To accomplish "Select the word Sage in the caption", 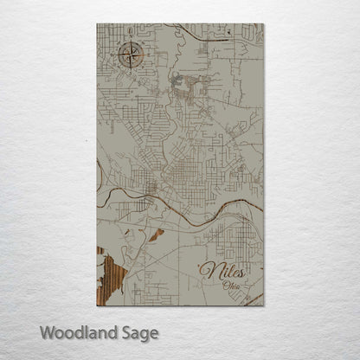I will tap(139, 332).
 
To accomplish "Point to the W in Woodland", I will tap(46, 331).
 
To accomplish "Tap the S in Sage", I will tap(125, 331).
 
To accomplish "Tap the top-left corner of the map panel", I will tap(97, 24).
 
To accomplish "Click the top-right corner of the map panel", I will tap(263, 24).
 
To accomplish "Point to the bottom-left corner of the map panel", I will tap(97, 305).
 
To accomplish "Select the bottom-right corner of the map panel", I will tap(263, 305).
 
